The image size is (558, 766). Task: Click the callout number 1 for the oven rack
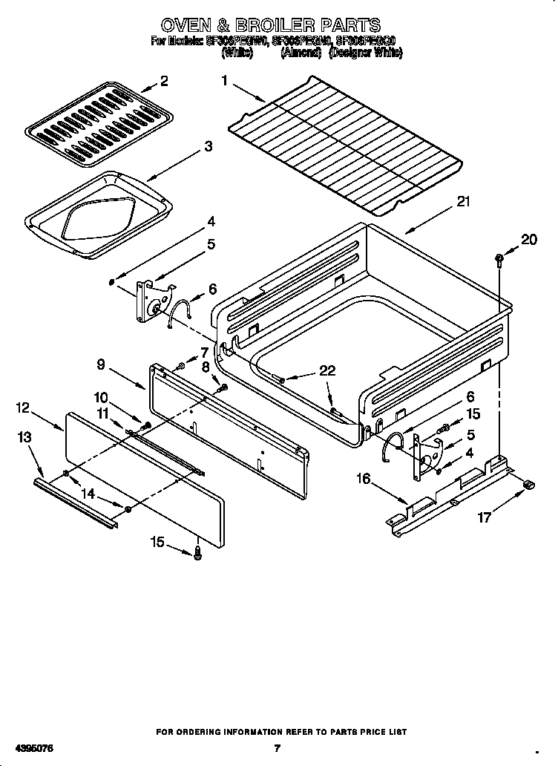224,81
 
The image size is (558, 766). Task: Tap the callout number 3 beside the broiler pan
209,147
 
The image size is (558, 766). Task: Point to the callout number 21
463,202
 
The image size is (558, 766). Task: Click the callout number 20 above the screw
528,239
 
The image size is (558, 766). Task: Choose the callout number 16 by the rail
363,479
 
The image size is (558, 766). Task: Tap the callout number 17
484,517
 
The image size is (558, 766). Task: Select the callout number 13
26,437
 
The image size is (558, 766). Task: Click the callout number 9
102,364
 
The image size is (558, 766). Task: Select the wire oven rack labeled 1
345,141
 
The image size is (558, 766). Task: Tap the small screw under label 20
498,259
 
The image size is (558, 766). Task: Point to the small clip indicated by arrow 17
528,485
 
